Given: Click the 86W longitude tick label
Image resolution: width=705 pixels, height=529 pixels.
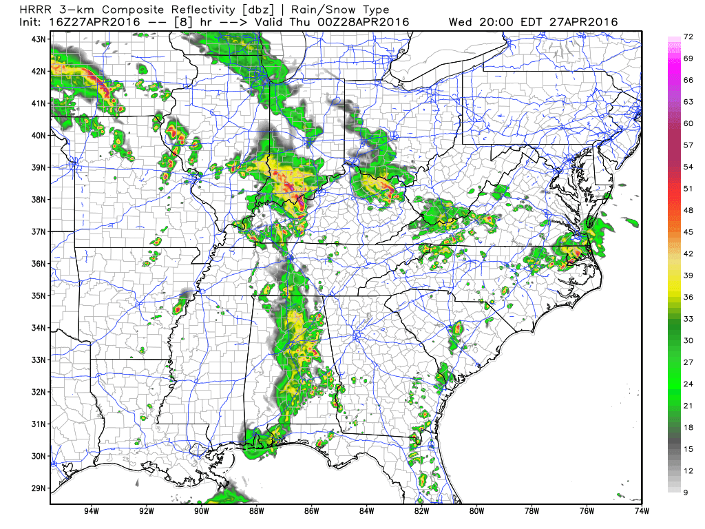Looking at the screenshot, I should [x=311, y=512].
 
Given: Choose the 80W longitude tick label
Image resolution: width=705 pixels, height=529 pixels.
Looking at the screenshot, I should [x=476, y=512].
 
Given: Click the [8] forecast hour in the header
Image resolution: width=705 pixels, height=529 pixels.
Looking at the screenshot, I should [x=184, y=22].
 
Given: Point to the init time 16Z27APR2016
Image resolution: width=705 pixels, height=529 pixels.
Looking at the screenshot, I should [x=96, y=22].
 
